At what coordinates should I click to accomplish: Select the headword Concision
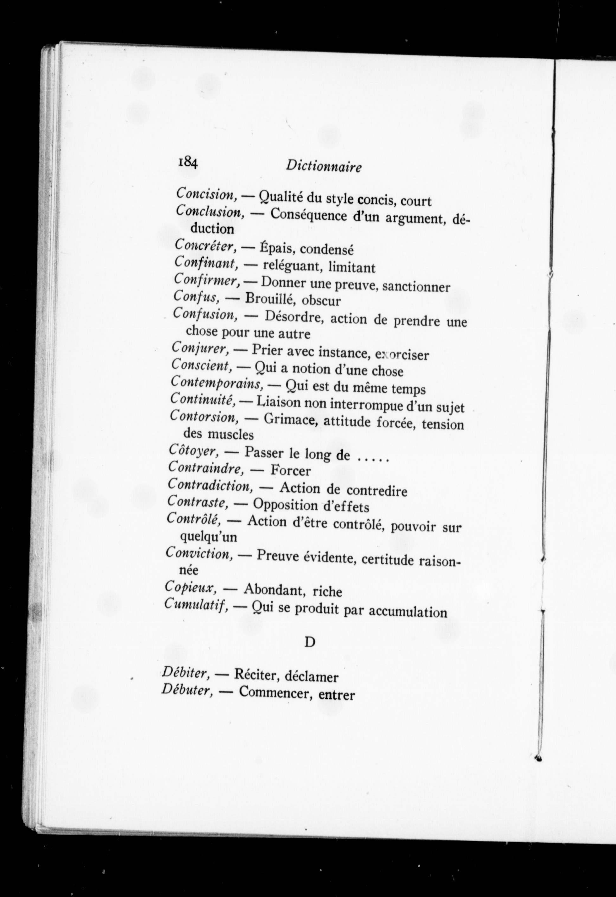[x=207, y=194]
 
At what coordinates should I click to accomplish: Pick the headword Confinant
[x=205, y=263]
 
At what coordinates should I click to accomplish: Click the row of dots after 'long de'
[x=373, y=459]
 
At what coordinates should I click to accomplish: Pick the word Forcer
[x=291, y=470]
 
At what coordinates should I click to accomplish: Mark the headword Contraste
[x=198, y=502]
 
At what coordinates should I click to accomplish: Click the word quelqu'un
[x=209, y=537]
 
